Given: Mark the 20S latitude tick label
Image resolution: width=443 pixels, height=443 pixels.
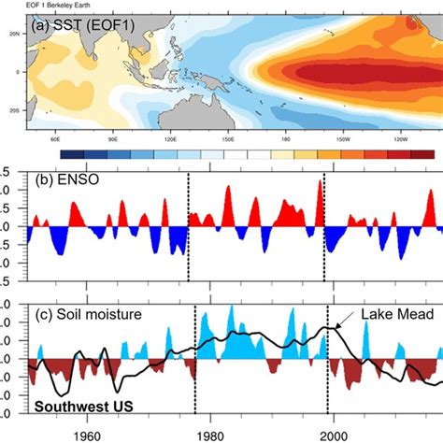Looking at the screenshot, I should point(13,108).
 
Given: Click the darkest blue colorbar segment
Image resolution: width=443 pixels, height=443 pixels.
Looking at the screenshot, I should point(69,153).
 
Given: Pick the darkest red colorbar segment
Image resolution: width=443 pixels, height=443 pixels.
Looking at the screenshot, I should point(423,153).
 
